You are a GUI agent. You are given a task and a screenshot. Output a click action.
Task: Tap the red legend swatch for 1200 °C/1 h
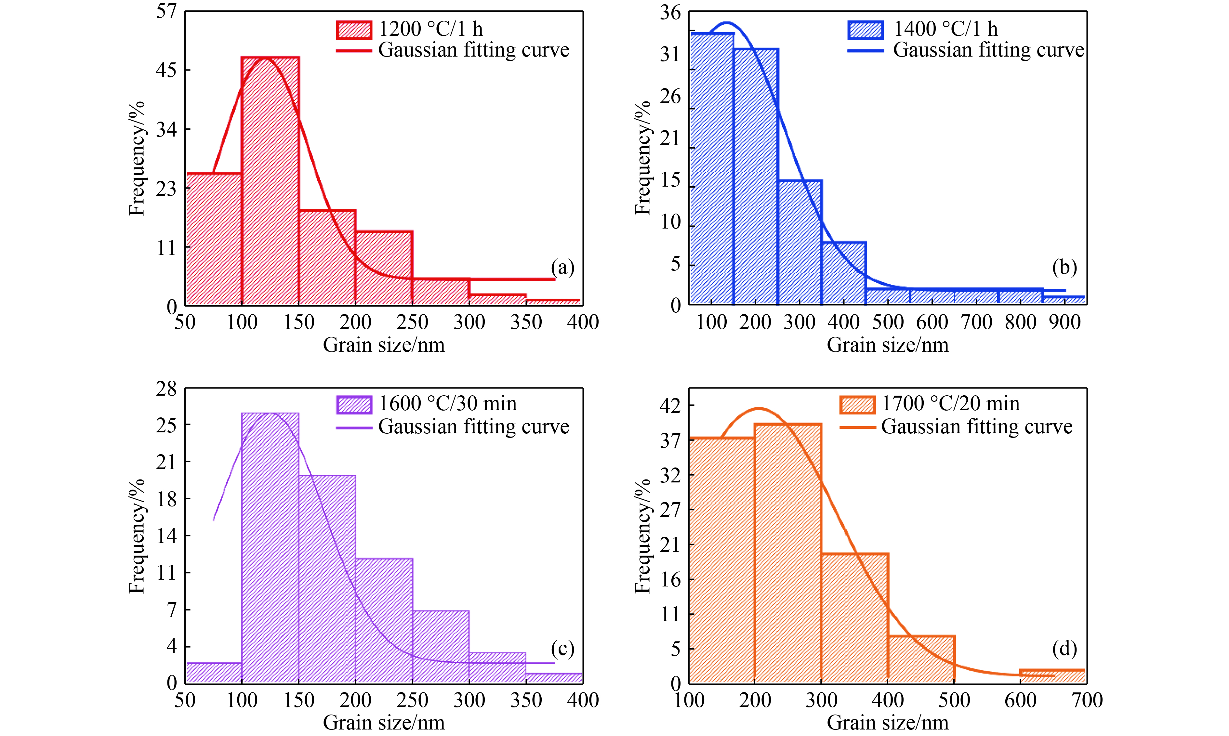click(x=354, y=30)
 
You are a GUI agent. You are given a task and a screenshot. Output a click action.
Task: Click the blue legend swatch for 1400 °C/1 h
click(x=866, y=30)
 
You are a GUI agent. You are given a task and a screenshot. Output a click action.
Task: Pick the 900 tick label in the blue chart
click(x=1065, y=322)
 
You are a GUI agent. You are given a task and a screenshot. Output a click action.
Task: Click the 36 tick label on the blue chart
click(x=670, y=12)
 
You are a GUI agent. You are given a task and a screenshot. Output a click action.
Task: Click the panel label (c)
click(x=562, y=649)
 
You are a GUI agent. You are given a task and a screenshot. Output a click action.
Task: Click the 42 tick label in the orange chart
click(x=670, y=406)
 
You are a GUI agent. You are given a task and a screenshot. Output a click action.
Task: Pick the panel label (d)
click(x=1064, y=649)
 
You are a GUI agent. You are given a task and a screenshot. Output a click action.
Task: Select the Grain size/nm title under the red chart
click(x=384, y=345)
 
